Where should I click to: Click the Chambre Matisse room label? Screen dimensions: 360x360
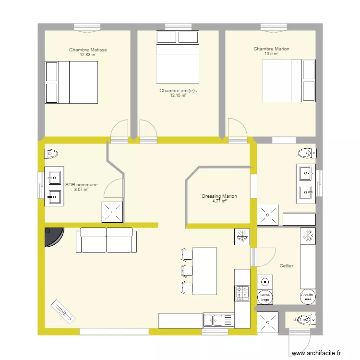click(88, 50)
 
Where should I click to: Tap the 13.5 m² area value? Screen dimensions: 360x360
click(271, 54)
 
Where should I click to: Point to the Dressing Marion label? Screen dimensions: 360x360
click(219, 196)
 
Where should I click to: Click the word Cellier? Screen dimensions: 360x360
click(286, 265)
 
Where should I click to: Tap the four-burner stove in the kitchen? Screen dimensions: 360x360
click(242, 292)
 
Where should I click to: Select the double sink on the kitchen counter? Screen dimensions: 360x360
click(218, 320)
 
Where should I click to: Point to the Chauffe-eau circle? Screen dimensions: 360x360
click(307, 296)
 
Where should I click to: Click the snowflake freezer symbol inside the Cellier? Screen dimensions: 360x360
click(308, 235)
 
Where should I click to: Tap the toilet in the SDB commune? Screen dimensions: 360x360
click(51, 154)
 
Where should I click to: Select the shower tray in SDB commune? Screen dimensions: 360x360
click(112, 212)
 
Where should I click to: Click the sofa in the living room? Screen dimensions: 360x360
click(106, 240)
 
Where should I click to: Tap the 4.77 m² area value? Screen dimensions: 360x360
click(219, 201)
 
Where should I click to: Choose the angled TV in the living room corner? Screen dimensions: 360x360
click(63, 312)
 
